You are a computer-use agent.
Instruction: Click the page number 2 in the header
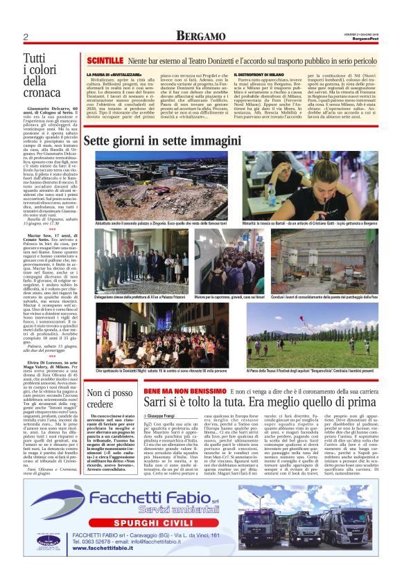(x=26, y=36)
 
